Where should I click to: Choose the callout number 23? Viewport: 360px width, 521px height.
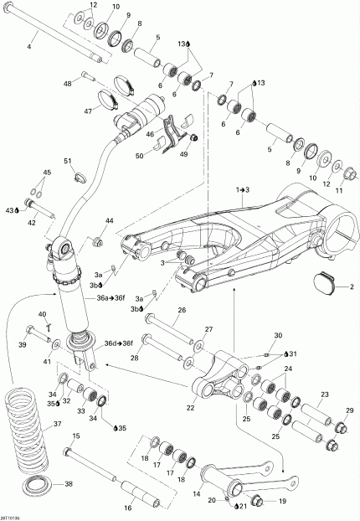pyautogui.click(x=324, y=395)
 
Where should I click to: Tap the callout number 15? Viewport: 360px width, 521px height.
pyautogui.click(x=75, y=436)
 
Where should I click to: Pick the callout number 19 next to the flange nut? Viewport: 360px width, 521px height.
pyautogui.click(x=282, y=501)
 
